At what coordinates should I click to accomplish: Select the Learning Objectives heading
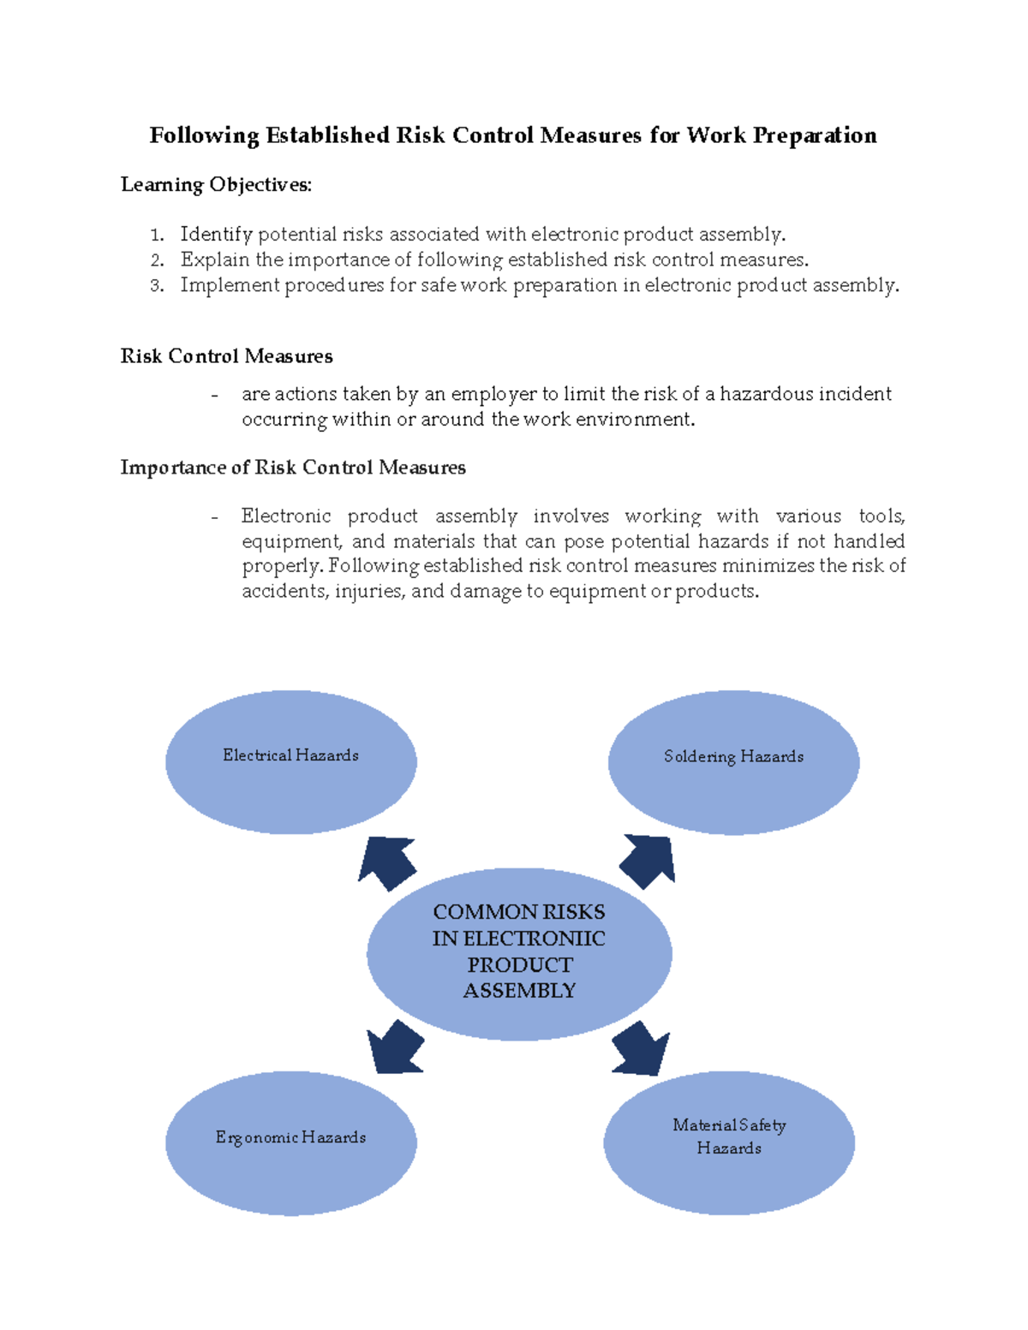[x=216, y=185]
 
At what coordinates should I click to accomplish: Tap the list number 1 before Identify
[x=155, y=236]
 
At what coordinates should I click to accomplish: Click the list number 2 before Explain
[x=156, y=260]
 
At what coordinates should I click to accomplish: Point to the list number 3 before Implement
[x=156, y=286]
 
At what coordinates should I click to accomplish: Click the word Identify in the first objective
[x=216, y=235]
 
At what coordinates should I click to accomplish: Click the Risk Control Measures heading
[x=226, y=356]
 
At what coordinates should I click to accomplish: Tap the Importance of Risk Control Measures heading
[x=293, y=468]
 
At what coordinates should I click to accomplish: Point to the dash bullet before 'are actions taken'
[x=214, y=395]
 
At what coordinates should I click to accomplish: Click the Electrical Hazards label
[x=290, y=755]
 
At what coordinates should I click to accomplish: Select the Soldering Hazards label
[x=733, y=756]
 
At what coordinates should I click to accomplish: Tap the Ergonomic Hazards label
[x=290, y=1137]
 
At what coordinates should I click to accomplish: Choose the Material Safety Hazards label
[x=729, y=1136]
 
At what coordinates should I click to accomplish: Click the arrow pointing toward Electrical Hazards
[x=386, y=862]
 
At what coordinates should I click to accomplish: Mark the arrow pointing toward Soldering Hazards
[x=648, y=861]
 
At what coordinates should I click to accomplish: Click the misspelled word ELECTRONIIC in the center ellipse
[x=518, y=939]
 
